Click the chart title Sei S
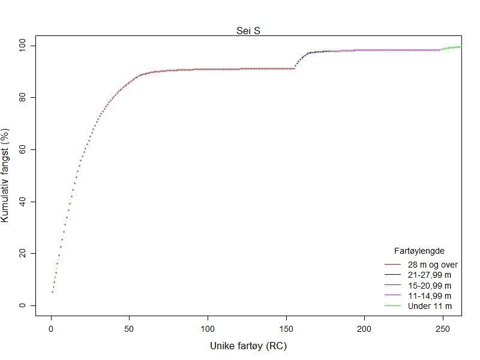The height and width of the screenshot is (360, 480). click(248, 31)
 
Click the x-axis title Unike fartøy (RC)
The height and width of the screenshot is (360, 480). click(248, 346)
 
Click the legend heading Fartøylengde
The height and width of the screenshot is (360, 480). click(419, 250)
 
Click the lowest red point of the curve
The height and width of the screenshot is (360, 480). click(52, 292)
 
